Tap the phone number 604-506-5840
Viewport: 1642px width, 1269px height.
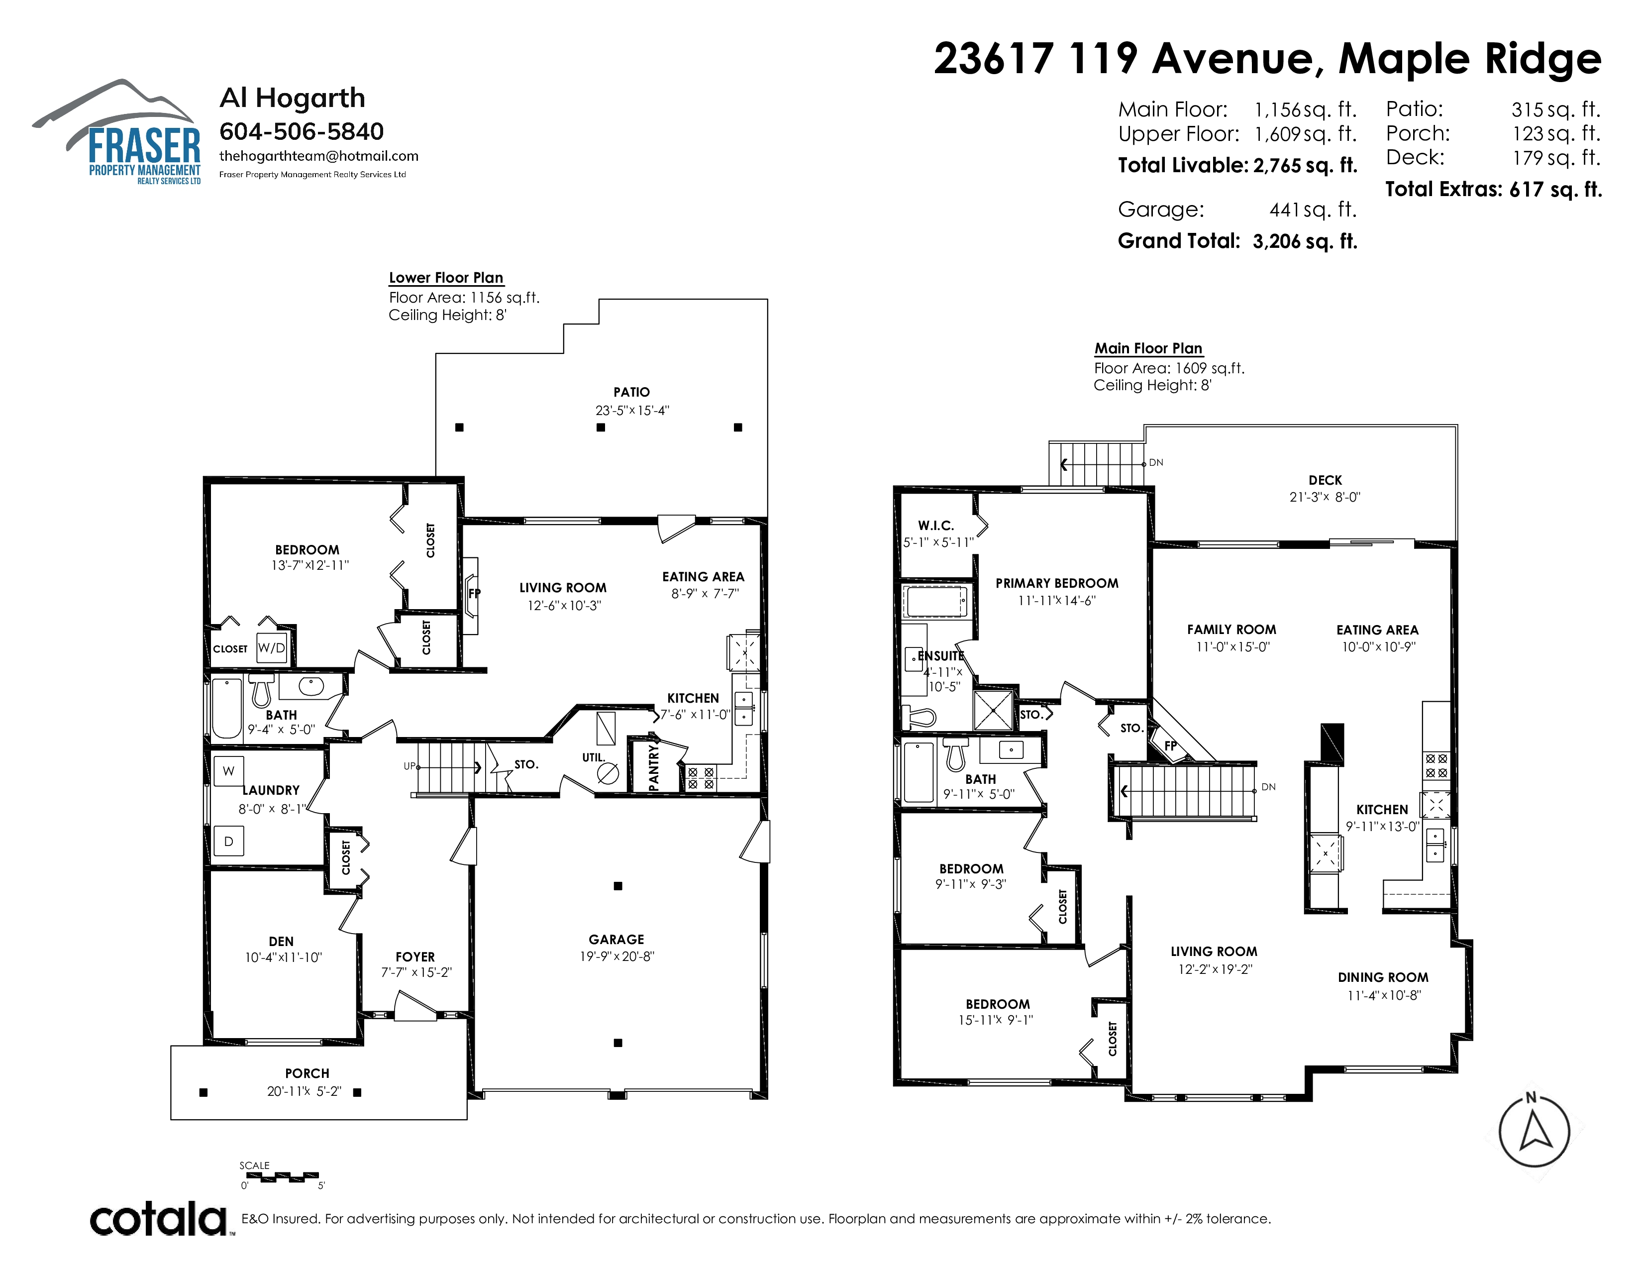302,131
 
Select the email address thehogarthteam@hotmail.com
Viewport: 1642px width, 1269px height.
319,156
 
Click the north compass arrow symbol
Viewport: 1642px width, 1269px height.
1534,1132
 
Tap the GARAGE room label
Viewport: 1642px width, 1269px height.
616,940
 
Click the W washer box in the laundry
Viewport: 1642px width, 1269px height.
228,770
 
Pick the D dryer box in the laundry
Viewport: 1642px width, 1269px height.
228,841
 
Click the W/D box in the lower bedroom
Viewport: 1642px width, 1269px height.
271,648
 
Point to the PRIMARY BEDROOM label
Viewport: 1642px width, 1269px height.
1057,583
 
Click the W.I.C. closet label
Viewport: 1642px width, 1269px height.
936,526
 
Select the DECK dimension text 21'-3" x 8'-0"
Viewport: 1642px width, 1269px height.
1325,497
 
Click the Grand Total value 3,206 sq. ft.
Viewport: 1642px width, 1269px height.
1305,241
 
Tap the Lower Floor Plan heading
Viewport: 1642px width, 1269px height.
446,277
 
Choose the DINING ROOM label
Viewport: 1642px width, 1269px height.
1383,977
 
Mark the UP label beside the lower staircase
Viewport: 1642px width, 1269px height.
410,766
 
